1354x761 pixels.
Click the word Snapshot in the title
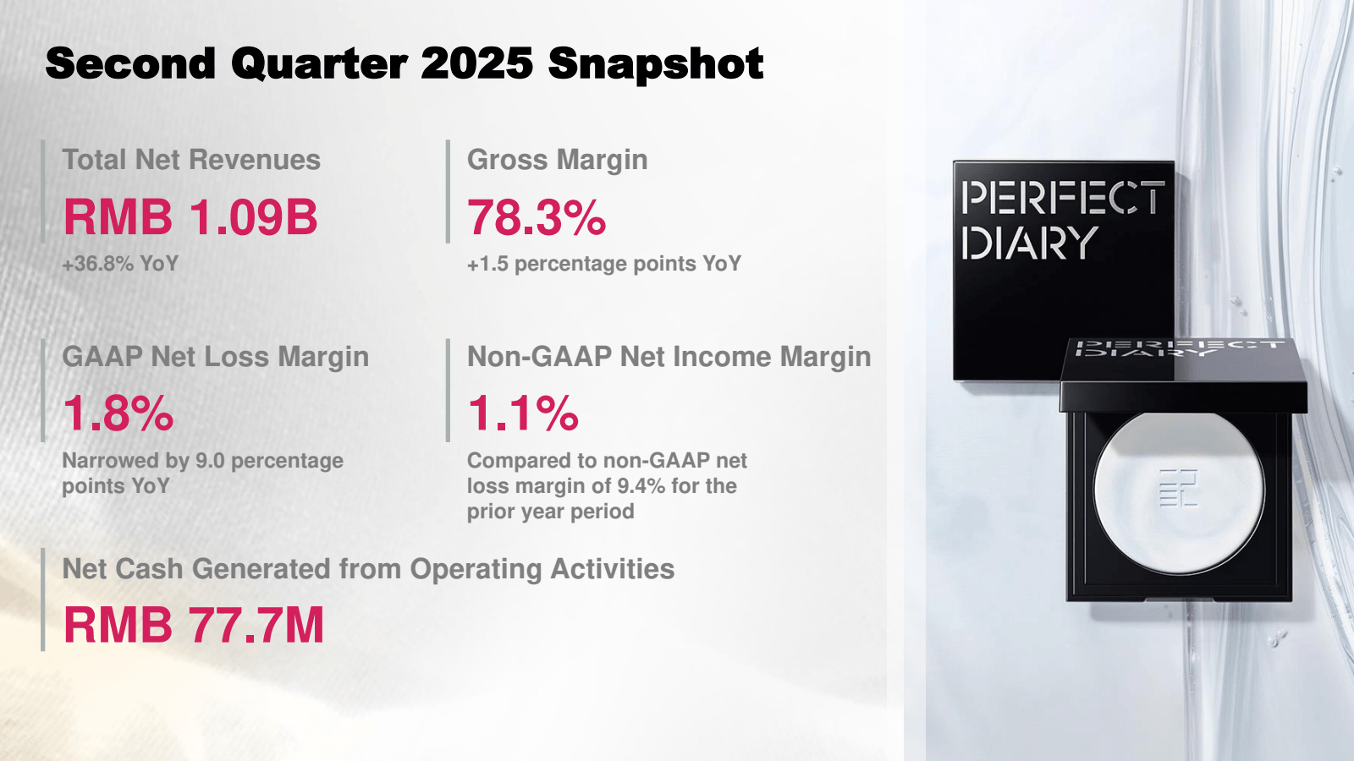click(x=656, y=64)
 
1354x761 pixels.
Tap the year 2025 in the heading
click(x=476, y=64)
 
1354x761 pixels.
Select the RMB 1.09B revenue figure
click(x=190, y=217)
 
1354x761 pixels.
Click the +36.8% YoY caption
click(x=120, y=264)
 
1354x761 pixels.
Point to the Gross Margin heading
click(x=557, y=160)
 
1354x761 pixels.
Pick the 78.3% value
click(x=537, y=217)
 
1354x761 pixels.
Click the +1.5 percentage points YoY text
click(x=603, y=264)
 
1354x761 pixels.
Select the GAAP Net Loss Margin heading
click(x=215, y=357)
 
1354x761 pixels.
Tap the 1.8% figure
click(x=118, y=413)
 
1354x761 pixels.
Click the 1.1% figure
click(x=523, y=413)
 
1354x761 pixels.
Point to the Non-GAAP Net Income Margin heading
click(x=669, y=357)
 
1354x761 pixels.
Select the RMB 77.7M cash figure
click(x=194, y=625)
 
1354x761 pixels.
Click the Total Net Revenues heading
click(x=191, y=160)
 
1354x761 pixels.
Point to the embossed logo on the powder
click(x=1178, y=488)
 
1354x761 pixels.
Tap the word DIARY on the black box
click(x=1029, y=244)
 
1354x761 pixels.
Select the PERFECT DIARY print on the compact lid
click(x=1176, y=348)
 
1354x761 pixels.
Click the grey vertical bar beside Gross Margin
click(x=448, y=191)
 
